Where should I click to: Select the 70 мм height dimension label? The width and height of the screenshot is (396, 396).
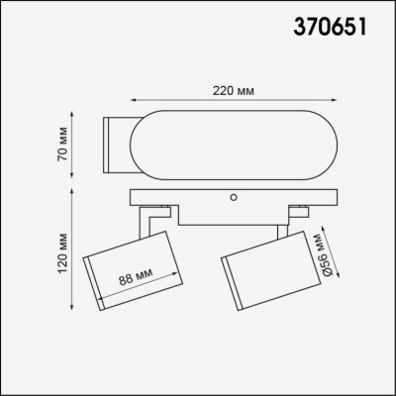pos(60,145)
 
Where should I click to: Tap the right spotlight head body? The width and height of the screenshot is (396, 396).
pos(261,269)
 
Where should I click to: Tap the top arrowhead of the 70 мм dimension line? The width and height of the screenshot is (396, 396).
pos(77,120)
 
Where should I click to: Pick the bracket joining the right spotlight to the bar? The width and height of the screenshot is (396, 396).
pos(289,219)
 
